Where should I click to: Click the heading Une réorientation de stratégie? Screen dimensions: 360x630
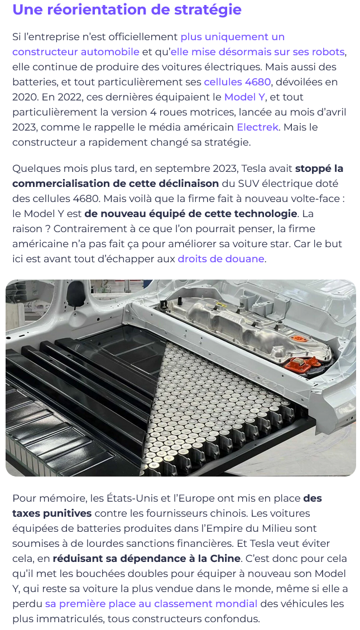tap(127, 9)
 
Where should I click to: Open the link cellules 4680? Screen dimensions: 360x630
tap(237, 82)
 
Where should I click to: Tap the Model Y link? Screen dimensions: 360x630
tap(242, 97)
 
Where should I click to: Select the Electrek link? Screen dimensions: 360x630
tap(257, 127)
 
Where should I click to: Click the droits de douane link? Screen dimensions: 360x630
tap(221, 259)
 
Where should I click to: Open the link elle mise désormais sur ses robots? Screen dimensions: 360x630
tap(257, 52)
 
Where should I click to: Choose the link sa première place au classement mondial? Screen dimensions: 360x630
tap(151, 603)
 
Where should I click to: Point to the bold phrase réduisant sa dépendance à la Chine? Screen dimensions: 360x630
tap(147, 559)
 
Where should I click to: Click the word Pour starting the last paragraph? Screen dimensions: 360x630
tap(23, 498)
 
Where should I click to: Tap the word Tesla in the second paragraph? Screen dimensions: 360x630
tap(253, 169)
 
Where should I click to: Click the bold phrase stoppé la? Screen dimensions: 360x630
tap(319, 169)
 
